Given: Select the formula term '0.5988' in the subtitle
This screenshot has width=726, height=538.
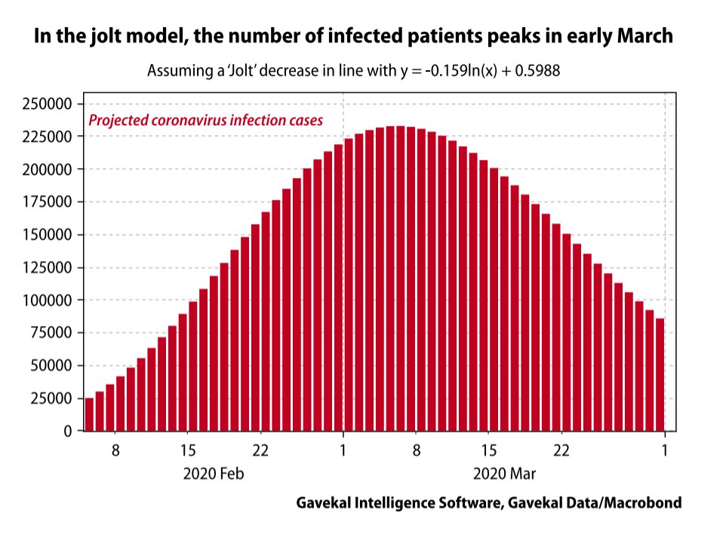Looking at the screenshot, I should [537, 72].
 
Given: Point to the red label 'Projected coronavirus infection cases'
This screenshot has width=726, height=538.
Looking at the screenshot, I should [205, 120].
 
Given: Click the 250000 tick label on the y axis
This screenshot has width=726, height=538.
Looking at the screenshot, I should [46, 104].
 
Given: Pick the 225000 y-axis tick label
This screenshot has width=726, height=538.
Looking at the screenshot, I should [46, 137].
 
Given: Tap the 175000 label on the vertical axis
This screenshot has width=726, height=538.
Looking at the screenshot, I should [46, 202].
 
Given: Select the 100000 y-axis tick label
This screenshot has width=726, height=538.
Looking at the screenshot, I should [46, 300].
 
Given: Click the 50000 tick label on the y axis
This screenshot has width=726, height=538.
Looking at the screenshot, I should [50, 366].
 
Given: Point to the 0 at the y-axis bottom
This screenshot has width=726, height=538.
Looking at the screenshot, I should [68, 432].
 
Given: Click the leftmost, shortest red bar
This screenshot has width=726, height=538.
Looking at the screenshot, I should [89, 414].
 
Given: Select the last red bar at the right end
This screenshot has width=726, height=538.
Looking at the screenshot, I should [660, 374].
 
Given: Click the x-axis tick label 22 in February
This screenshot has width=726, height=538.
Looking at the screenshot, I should [260, 451].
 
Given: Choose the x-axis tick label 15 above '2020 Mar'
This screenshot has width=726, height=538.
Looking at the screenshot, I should [488, 451].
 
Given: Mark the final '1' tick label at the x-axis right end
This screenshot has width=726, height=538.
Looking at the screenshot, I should [665, 451].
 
